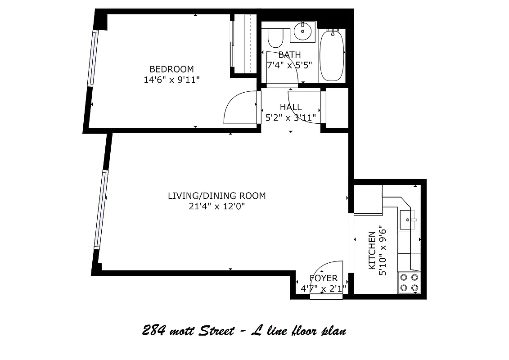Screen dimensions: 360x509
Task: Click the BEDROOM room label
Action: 171,69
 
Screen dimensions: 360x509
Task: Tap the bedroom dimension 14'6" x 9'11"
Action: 171,80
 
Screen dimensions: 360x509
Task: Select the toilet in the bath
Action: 275,38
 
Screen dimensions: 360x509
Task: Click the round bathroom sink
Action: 302,31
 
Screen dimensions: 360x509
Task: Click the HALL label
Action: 291,107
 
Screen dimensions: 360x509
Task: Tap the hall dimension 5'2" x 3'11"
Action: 291,118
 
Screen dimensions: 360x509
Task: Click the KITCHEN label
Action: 372,250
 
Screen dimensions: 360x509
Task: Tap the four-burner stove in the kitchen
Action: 409,283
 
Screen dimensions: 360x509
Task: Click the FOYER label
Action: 324,279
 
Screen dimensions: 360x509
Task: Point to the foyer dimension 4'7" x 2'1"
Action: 324,288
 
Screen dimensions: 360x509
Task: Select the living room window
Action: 102,209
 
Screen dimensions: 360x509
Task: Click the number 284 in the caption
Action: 152,332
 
